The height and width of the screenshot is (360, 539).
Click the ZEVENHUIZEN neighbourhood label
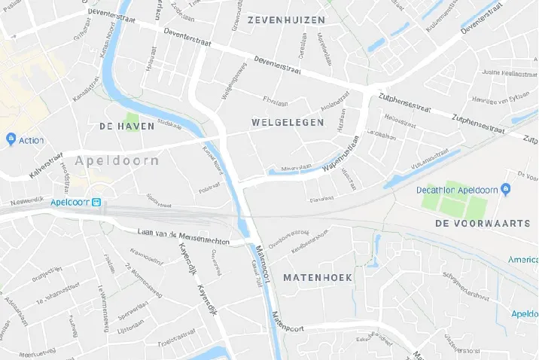tap(287, 20)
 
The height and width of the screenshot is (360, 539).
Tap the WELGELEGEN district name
tap(287, 121)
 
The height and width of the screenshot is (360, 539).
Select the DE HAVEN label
tap(126, 127)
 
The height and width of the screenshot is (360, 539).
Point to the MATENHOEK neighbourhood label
tap(318, 278)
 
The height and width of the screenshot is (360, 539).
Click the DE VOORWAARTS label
tap(477, 224)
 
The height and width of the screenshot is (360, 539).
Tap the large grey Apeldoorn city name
tap(117, 160)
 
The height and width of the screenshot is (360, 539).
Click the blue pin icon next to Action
tap(11, 139)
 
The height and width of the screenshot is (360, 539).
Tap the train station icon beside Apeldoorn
tap(96, 203)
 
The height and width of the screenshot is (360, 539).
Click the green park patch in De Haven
tap(132, 120)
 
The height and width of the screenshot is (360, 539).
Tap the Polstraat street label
tap(209, 188)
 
